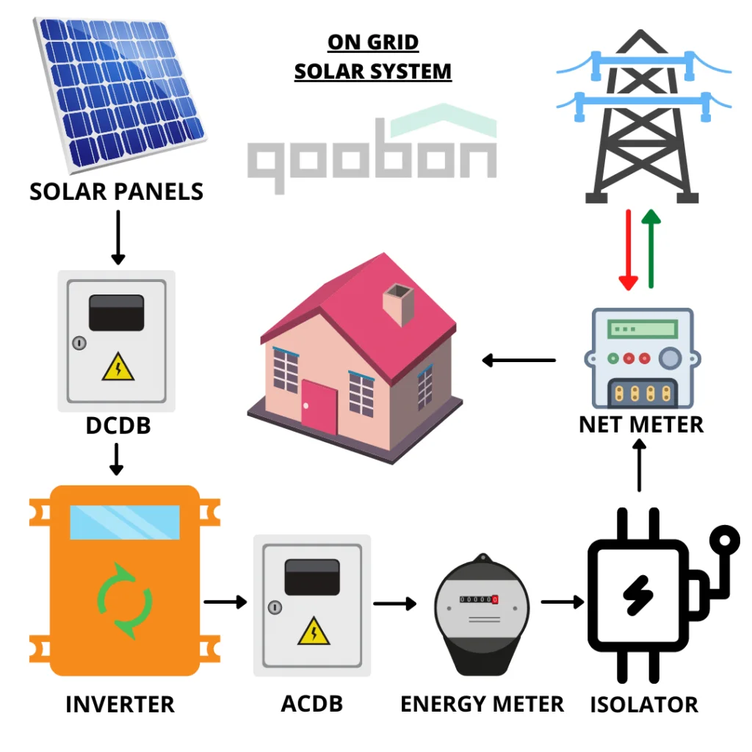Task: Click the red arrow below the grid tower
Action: point(629,250)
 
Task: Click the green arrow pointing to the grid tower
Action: point(651,249)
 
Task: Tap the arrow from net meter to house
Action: point(519,360)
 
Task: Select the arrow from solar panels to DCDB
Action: point(118,238)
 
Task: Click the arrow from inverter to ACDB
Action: point(225,601)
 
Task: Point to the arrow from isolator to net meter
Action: point(639,466)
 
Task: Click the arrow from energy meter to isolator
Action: point(563,601)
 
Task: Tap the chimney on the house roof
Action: point(398,304)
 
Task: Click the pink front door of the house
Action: point(319,407)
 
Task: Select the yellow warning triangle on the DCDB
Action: point(118,367)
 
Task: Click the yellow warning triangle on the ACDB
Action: point(314,631)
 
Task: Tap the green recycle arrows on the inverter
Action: point(125,601)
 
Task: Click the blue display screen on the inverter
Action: point(125,522)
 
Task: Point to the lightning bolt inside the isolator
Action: point(637,596)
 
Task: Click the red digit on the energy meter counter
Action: point(495,599)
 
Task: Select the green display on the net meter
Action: point(643,330)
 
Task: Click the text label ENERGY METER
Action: point(482,704)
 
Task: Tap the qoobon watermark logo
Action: point(372,148)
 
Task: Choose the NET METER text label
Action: point(641,424)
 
